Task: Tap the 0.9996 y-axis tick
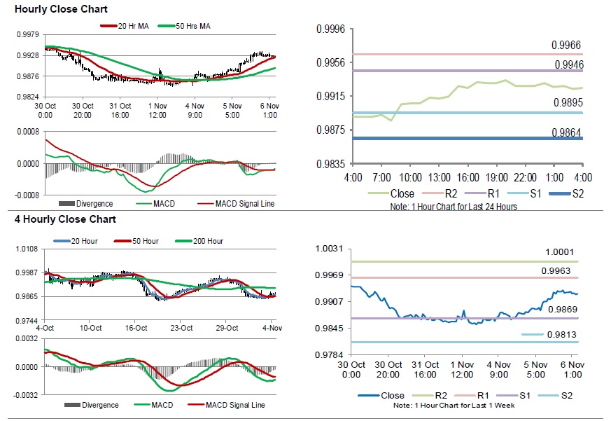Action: pyautogui.click(x=332, y=29)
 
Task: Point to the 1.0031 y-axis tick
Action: pyautogui.click(x=331, y=249)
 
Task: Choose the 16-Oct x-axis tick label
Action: pyautogui.click(x=136, y=328)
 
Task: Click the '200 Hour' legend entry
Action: pyautogui.click(x=206, y=241)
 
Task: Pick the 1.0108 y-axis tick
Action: pyautogui.click(x=27, y=249)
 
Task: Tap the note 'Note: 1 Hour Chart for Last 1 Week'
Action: pyautogui.click(x=453, y=406)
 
